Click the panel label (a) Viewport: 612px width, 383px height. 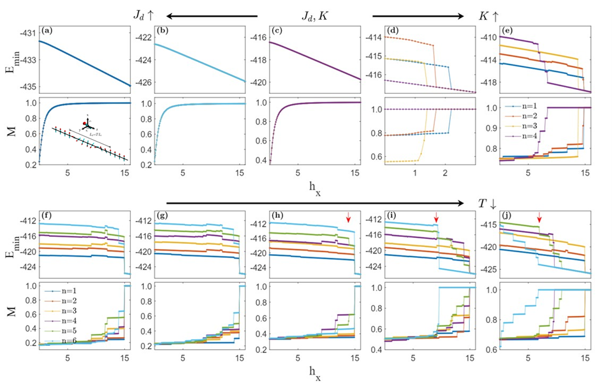pos(47,30)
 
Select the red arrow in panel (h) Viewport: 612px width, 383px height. pos(348,218)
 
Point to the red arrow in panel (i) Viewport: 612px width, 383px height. pos(436,218)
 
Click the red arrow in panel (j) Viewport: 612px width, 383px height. pos(539,218)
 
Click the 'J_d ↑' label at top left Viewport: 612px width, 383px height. pos(142,15)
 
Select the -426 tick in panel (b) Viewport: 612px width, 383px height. pos(146,82)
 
